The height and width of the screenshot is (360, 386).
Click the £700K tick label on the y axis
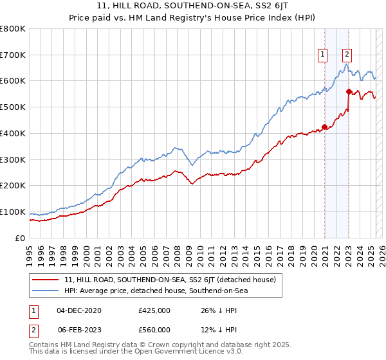13,55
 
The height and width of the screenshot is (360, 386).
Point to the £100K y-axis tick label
13,212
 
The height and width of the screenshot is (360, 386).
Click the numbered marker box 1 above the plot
322,55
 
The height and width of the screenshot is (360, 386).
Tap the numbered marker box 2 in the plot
347,55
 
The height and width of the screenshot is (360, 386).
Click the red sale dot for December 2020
324,127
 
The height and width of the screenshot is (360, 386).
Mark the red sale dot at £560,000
349,91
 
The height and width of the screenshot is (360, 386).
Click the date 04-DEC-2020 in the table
79,310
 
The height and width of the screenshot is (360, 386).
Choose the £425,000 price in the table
154,310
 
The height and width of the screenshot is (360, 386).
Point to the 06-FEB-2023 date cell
79,329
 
